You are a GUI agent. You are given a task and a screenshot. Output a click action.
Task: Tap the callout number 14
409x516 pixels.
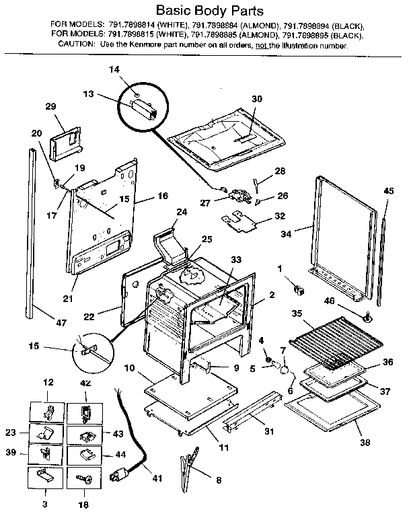[x=114, y=69]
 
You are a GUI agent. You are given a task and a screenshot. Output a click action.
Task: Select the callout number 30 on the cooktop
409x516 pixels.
[x=256, y=99]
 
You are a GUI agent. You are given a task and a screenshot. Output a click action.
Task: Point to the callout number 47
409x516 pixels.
[x=61, y=323]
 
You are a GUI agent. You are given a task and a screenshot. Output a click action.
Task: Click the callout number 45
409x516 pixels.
[x=388, y=191]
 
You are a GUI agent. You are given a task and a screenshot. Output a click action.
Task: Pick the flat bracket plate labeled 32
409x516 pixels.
[x=241, y=220]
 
